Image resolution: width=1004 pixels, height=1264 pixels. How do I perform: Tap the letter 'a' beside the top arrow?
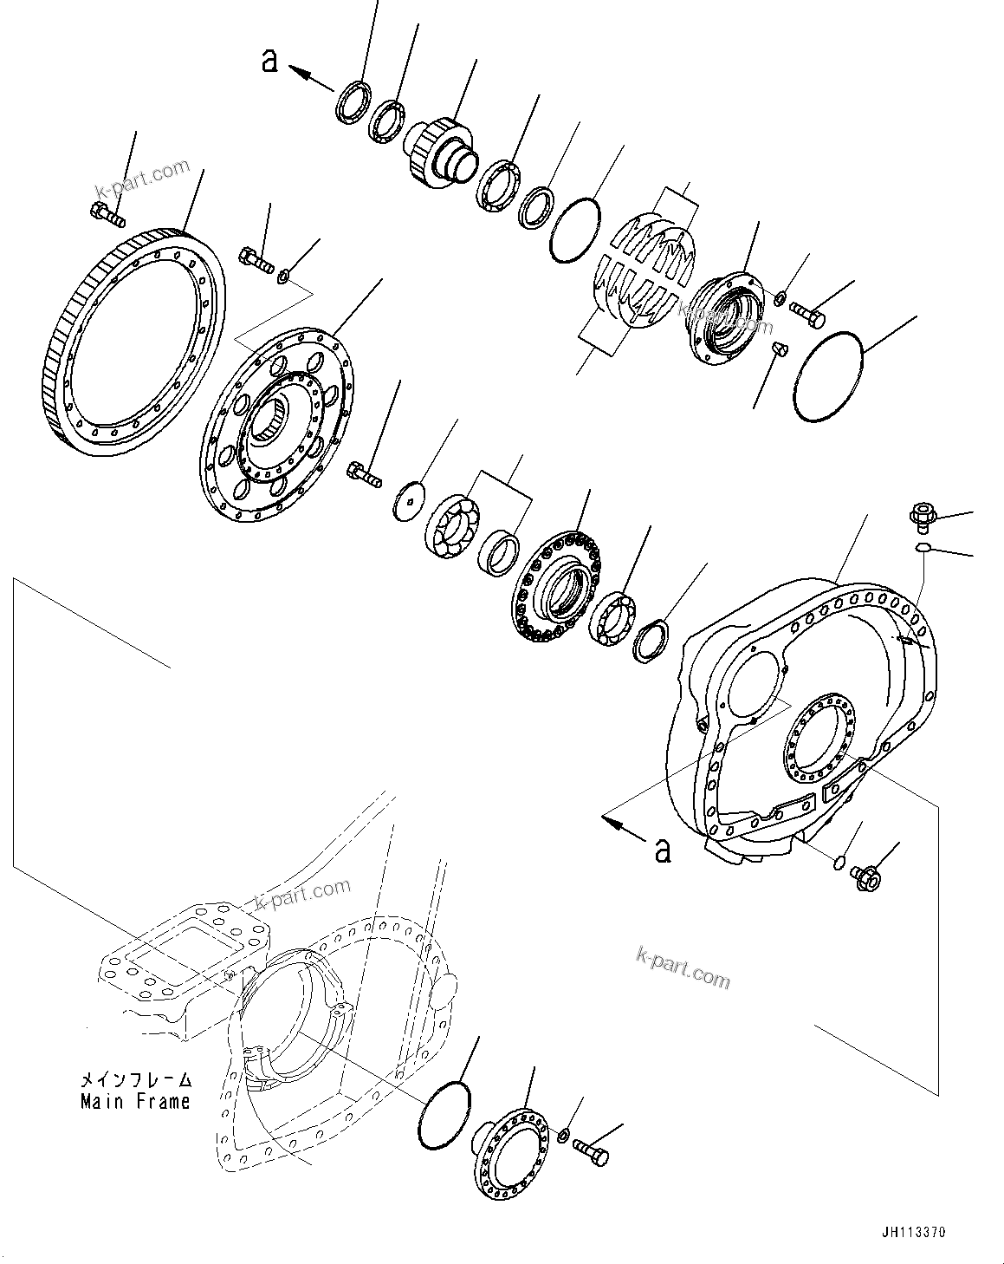coord(270,61)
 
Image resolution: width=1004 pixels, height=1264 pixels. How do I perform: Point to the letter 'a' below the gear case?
coord(663,850)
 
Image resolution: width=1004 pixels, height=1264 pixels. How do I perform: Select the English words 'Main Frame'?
coord(134,1102)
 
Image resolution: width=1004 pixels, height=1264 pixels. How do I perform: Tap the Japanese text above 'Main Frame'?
coord(134,1081)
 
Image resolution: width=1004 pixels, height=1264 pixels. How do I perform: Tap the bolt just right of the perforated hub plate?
coord(364,472)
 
